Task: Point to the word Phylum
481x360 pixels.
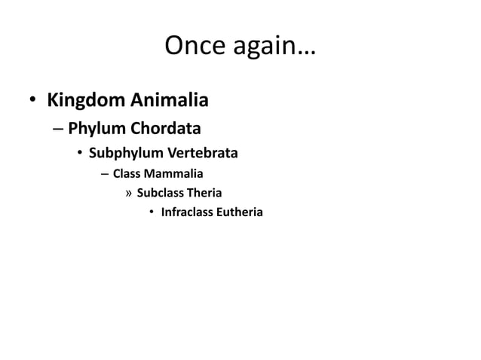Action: click(94, 129)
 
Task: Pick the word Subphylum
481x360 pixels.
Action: click(124, 155)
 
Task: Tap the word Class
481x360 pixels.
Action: click(127, 175)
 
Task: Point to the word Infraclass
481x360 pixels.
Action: click(188, 214)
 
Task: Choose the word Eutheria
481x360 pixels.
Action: click(240, 214)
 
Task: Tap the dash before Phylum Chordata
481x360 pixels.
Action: click(58, 129)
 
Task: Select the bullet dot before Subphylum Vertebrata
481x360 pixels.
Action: click(79, 155)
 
